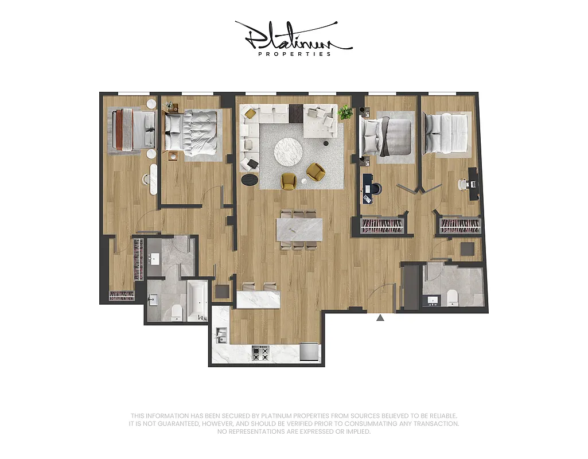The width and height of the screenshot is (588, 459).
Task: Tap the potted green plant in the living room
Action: coord(345,112)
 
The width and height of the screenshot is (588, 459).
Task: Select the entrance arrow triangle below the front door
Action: coord(380,317)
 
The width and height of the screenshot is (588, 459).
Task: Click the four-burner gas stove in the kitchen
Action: coord(260,353)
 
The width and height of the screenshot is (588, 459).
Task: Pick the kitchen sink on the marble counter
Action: coord(221,334)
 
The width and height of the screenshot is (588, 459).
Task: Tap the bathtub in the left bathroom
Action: coord(196,299)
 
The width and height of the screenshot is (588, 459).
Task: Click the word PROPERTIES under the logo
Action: coord(294,54)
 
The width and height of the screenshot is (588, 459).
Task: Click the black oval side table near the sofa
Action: coord(250,180)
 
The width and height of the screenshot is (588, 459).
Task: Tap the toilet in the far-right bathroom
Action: coord(453,297)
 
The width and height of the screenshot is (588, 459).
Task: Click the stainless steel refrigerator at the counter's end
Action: coord(309,352)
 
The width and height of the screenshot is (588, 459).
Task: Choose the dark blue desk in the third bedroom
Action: coord(367,188)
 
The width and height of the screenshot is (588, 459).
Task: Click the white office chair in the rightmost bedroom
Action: coord(462,185)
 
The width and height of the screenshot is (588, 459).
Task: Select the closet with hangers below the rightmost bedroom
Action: coord(460,225)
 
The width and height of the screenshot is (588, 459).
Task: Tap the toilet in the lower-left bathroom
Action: coord(177,312)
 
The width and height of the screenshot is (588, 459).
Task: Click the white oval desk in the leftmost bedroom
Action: coord(153,178)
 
